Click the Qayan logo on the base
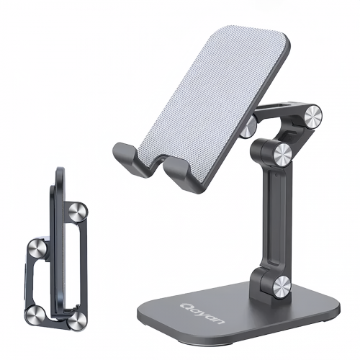click(202, 313)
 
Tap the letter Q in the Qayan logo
click(185, 305)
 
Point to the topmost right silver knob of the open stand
click(313, 117)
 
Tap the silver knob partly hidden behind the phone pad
click(248, 127)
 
